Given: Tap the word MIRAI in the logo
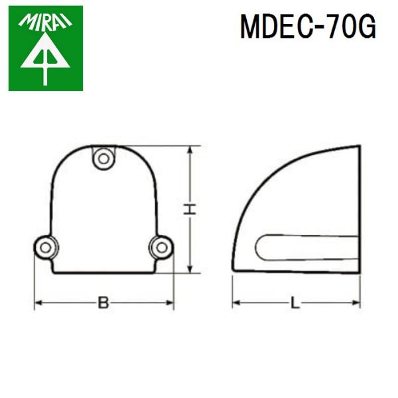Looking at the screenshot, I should [x=45, y=22].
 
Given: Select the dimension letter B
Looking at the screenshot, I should [x=103, y=303].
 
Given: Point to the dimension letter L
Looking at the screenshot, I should [x=296, y=303].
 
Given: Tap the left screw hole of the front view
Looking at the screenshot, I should [x=45, y=247].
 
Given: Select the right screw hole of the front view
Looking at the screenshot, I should [x=161, y=247].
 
